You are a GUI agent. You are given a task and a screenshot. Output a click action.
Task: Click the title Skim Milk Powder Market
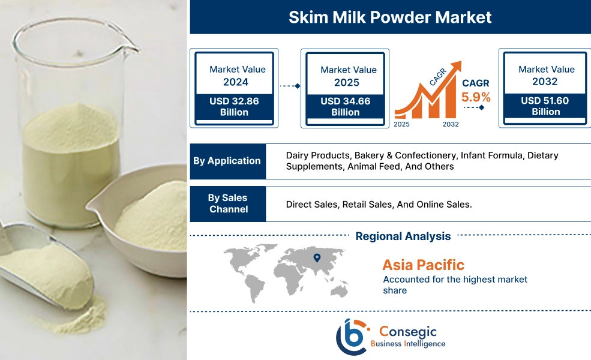(x=390, y=17)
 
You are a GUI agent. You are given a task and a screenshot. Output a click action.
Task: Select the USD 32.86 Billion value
(x=234, y=107)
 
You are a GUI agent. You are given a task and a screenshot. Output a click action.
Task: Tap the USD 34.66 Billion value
(x=345, y=107)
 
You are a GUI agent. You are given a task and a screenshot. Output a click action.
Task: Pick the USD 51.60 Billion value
(x=545, y=106)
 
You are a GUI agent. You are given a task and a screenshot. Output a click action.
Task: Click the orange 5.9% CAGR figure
(x=476, y=97)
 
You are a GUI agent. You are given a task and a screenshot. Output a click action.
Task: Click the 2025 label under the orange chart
(x=403, y=124)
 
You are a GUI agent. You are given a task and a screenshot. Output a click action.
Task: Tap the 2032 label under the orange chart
(x=451, y=124)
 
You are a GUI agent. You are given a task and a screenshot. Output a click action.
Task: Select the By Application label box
(x=227, y=161)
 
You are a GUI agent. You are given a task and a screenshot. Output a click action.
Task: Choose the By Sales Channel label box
(x=227, y=203)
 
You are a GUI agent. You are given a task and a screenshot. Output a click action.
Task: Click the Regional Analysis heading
(x=403, y=236)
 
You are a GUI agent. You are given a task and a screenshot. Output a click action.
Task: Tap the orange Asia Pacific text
(x=423, y=265)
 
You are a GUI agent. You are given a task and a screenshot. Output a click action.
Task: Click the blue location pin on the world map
(x=317, y=259)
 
